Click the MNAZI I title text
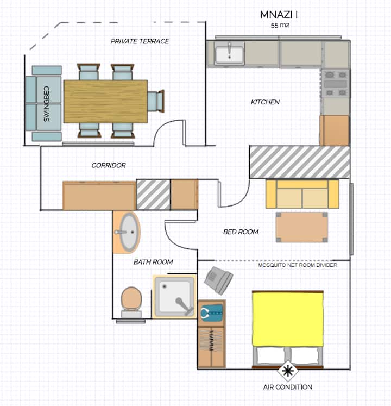279,15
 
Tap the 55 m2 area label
280,26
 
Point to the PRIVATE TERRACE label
140,41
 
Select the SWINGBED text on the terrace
46,104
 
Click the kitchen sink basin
230,54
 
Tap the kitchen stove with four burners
336,83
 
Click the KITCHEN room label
265,102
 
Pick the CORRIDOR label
109,165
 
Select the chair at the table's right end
156,101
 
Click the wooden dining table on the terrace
105,101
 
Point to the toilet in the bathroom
131,302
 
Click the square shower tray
175,296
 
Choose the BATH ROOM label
153,262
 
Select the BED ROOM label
241,232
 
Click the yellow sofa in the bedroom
302,194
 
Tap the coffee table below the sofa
302,227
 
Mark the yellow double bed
288,329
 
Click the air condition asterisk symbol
288,371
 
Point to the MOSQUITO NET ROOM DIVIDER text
298,265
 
